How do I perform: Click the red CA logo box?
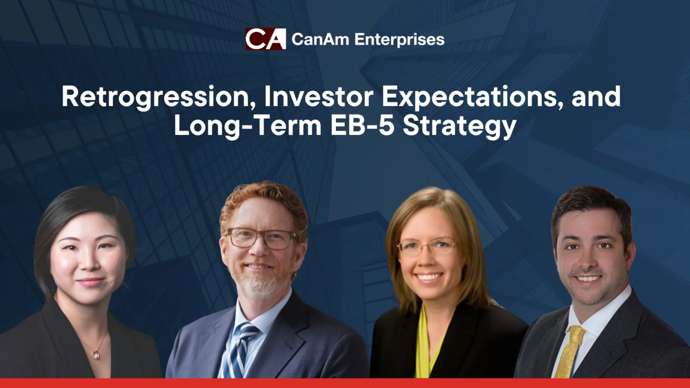(266, 39)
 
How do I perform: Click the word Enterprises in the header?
(399, 40)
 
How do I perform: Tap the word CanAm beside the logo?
(320, 39)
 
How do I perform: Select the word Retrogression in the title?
(158, 97)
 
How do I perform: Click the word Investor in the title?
(319, 97)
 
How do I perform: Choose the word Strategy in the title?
(460, 126)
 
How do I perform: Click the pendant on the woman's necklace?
(96, 355)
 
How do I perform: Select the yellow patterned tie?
(570, 352)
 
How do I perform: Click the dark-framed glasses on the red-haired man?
(262, 239)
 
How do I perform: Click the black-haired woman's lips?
(90, 282)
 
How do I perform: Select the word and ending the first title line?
(596, 97)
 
